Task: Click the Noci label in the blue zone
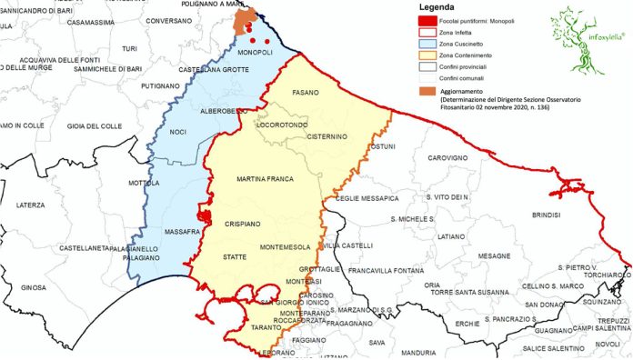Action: pos(178,133)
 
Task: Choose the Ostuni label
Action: pos(386,146)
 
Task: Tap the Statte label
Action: pos(236,259)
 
